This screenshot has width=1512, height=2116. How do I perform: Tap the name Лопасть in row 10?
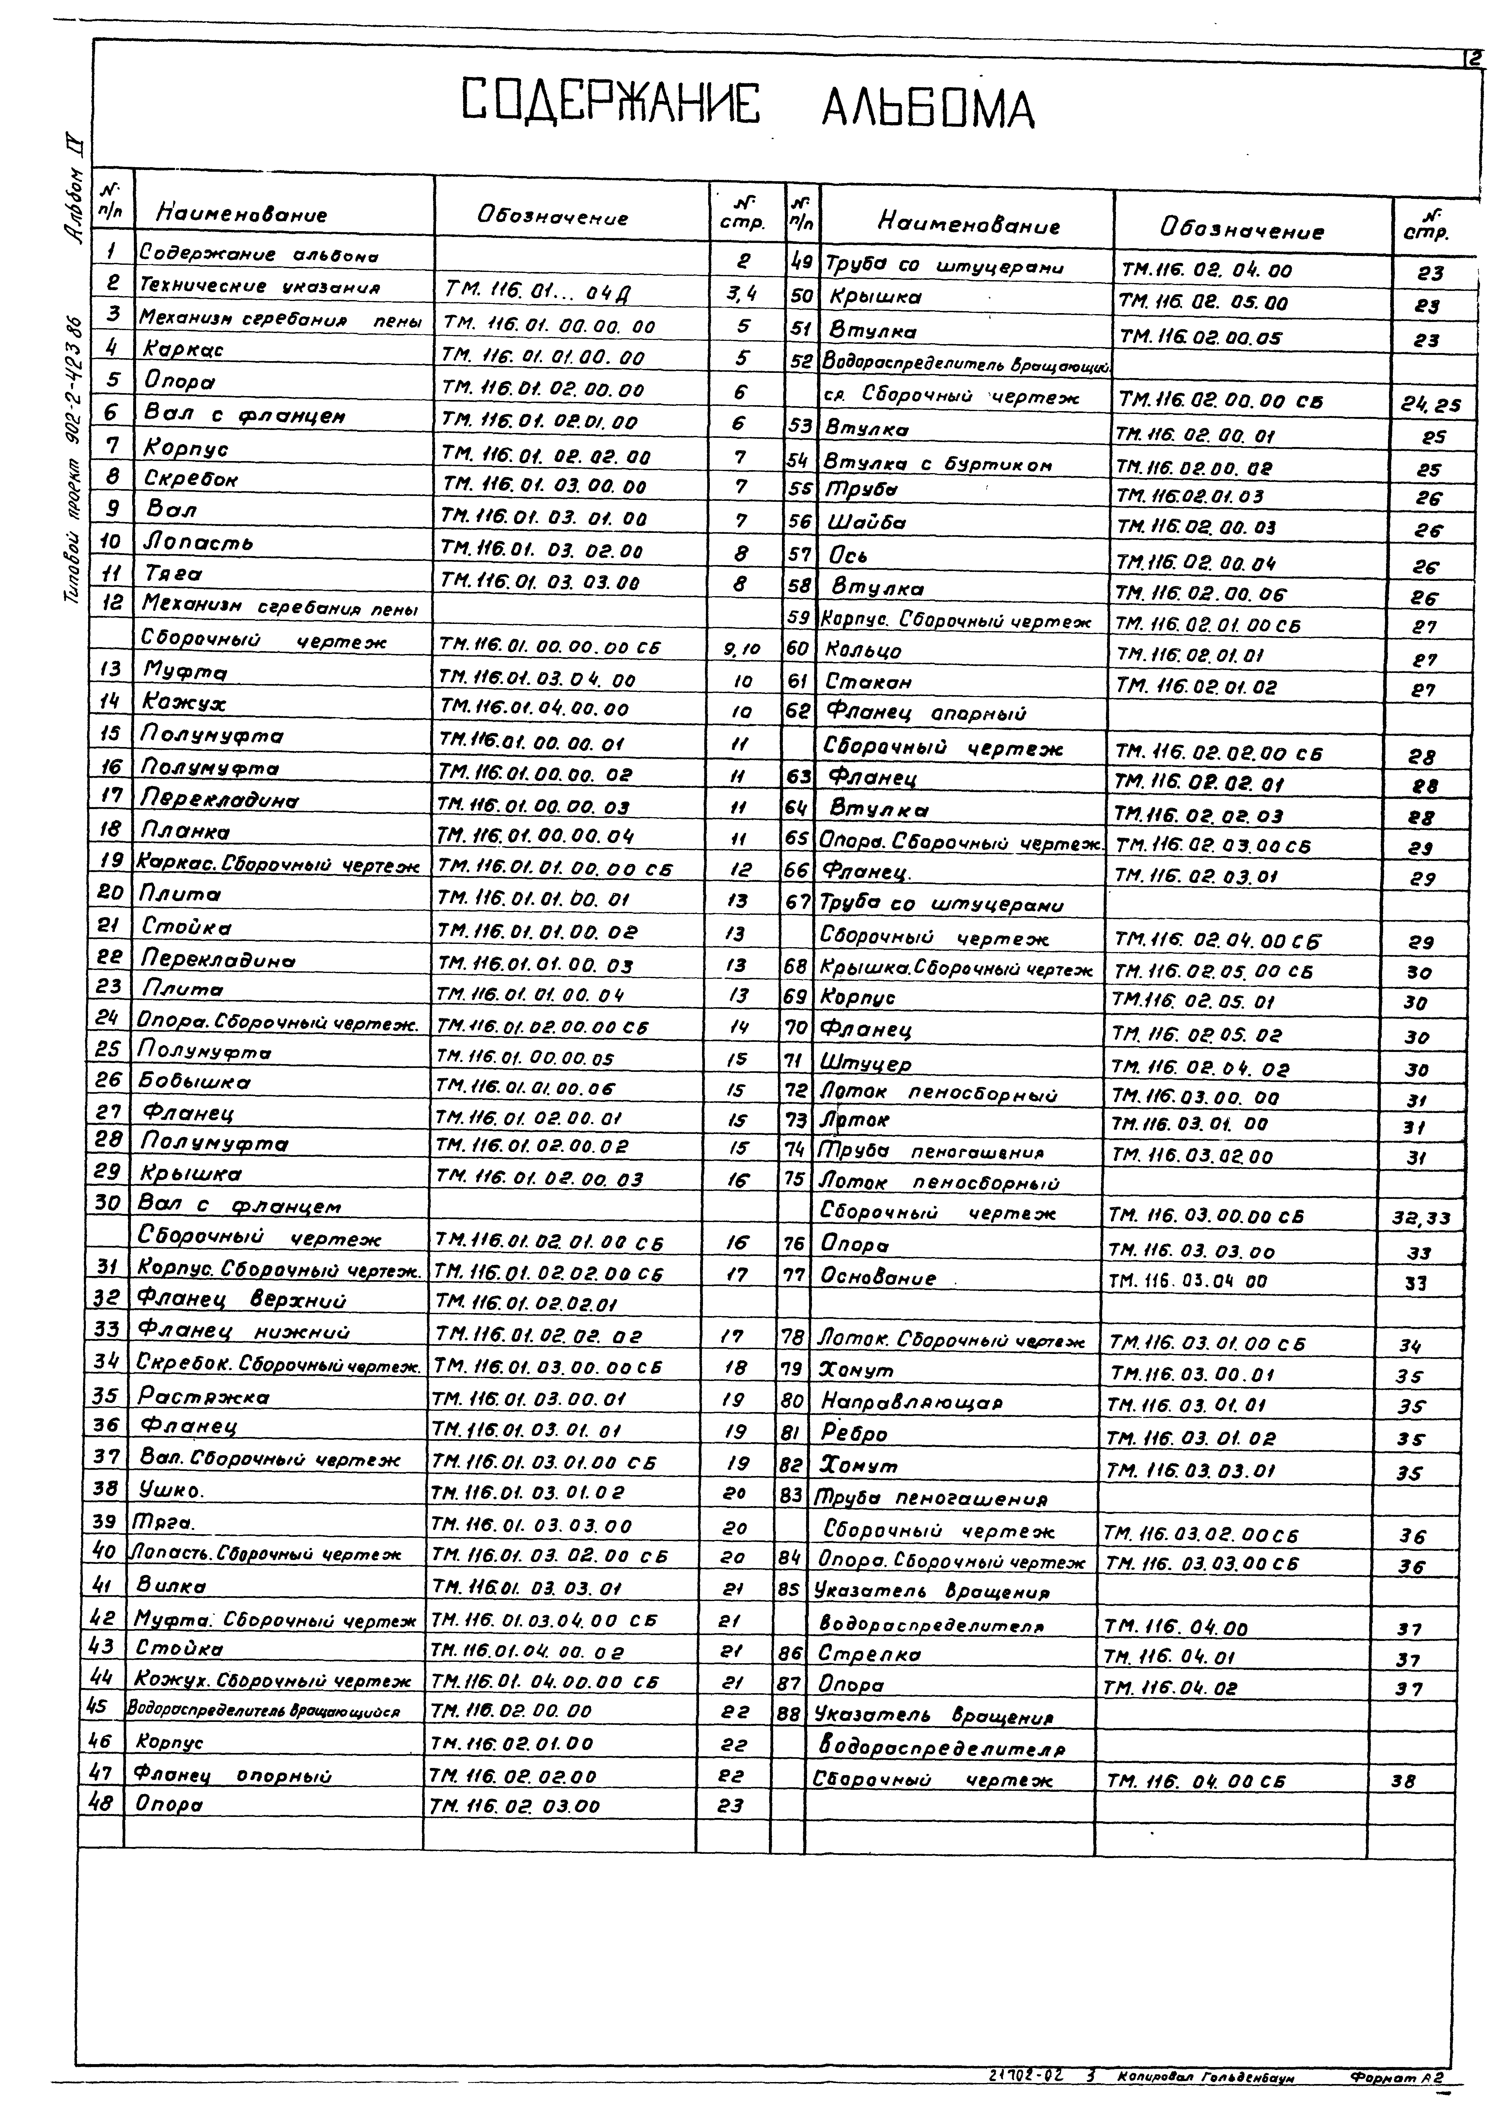(199, 542)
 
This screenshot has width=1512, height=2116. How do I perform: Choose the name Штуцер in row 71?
(865, 1063)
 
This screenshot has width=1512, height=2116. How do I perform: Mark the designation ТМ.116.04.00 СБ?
(1194, 1782)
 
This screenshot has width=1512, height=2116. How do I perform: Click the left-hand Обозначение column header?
(552, 217)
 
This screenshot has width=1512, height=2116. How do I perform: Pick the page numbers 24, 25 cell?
(1430, 405)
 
